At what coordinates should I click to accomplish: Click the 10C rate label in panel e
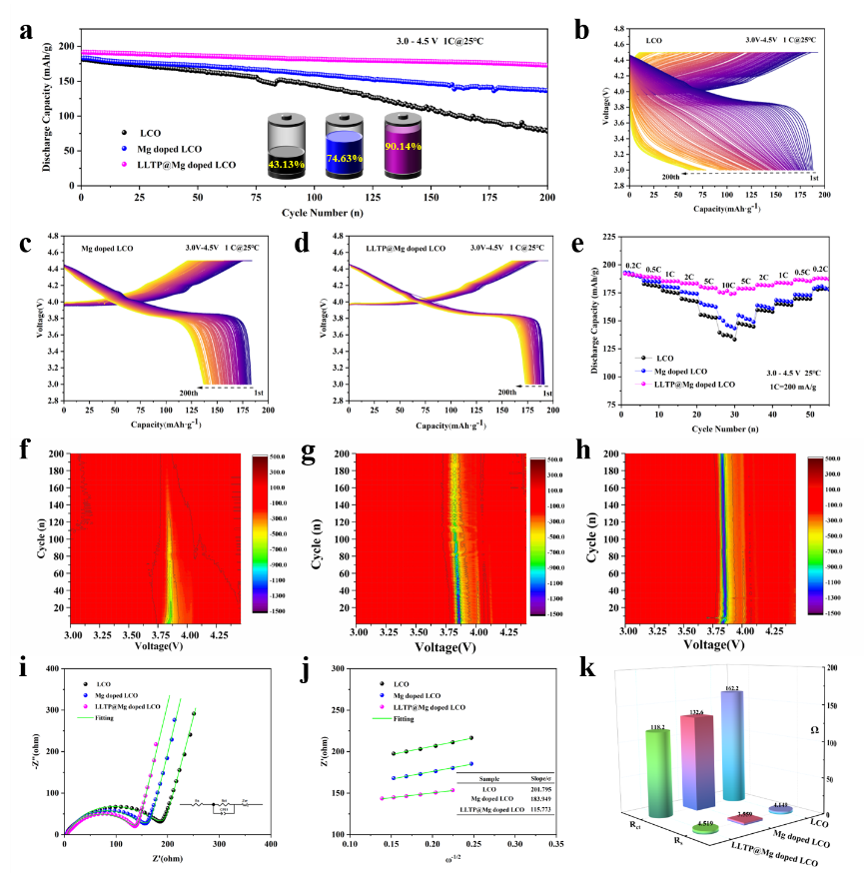(728, 286)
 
